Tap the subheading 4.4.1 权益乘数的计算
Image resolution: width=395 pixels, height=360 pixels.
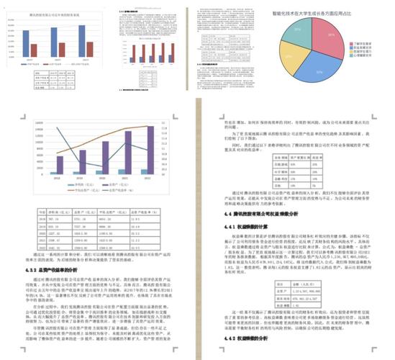click(245, 226)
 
